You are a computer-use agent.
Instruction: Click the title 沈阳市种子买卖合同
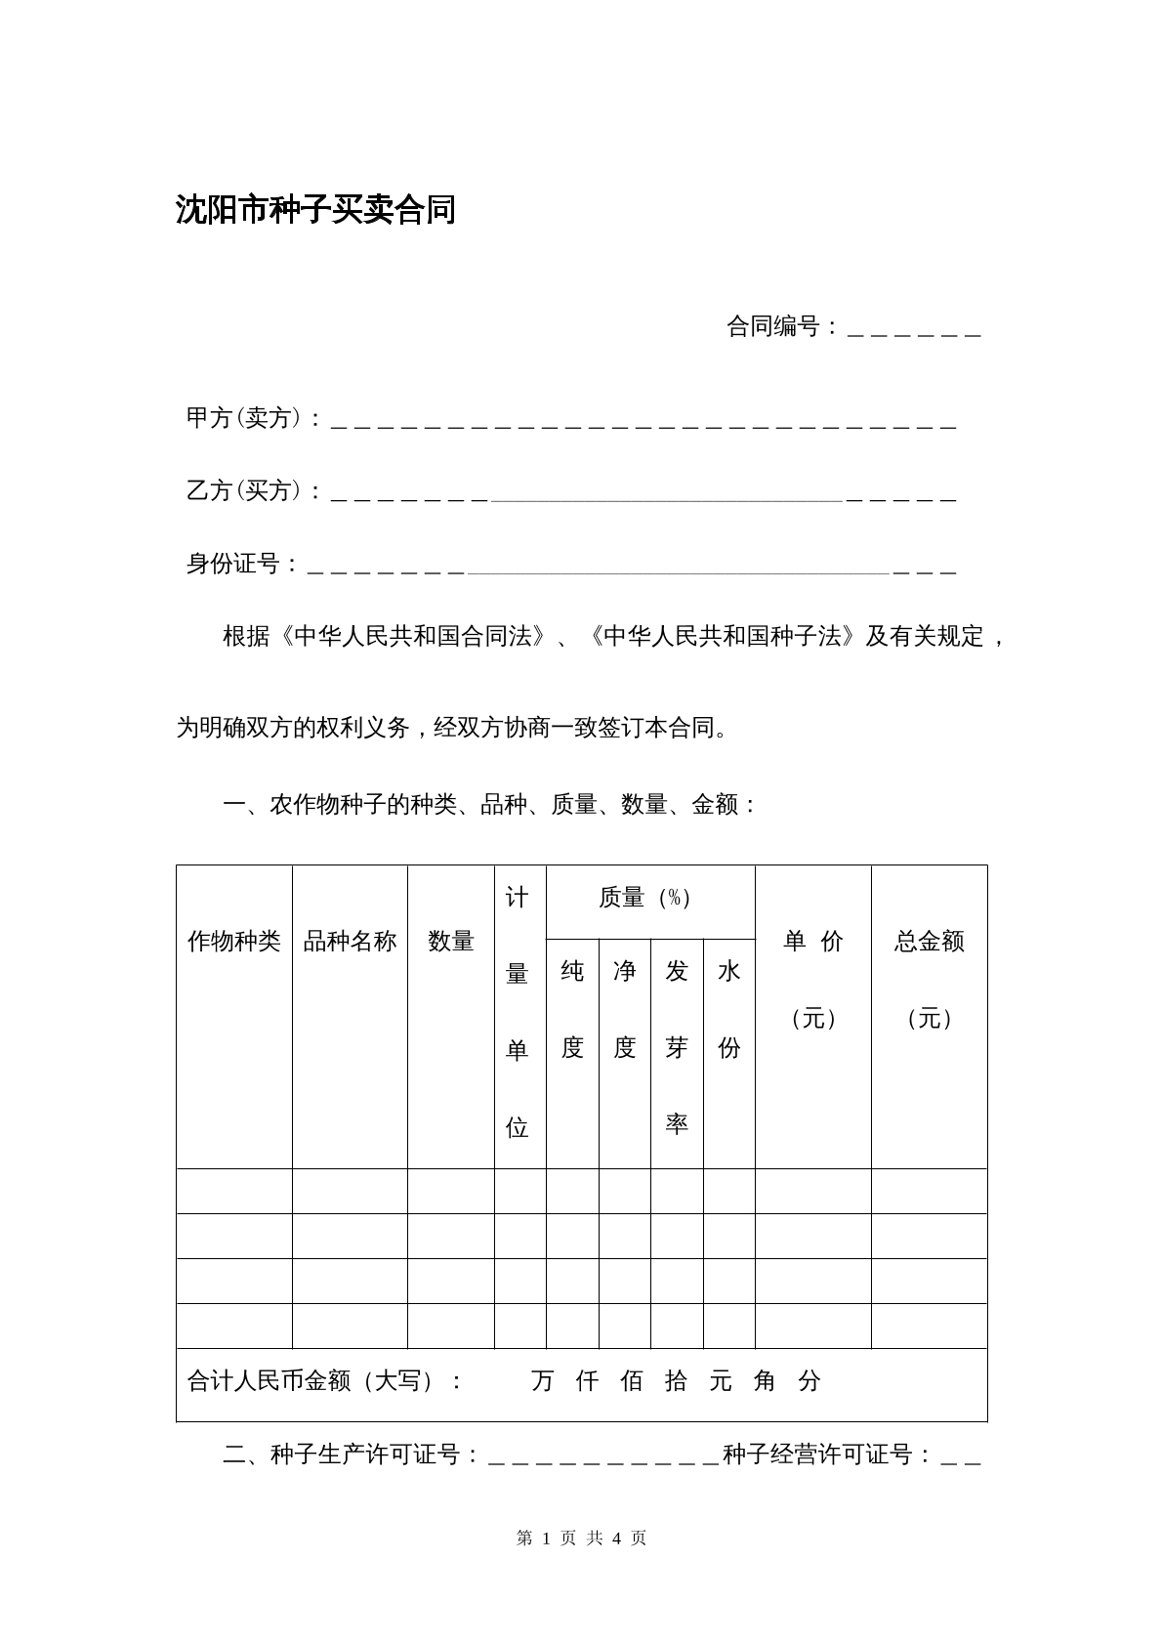315,210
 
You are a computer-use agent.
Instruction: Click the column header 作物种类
233,941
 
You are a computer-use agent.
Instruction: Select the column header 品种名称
350,941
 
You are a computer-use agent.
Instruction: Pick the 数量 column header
451,941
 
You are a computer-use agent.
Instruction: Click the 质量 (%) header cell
645,898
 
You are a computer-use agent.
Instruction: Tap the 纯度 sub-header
572,1009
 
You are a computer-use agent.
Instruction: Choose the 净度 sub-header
625,1009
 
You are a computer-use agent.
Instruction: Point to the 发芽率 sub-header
677,1046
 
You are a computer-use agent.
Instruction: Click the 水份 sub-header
729,1009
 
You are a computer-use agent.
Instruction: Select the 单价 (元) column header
813,979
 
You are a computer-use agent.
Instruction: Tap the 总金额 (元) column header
929,979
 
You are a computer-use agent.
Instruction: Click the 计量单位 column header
518,1012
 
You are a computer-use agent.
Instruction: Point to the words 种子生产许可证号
364,1454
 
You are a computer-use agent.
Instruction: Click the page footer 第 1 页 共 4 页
581,1539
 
